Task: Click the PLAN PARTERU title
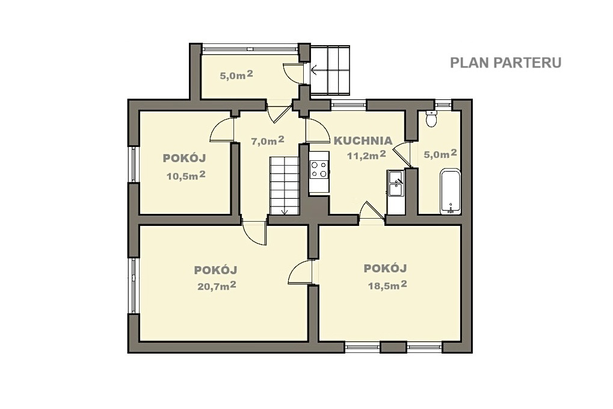click(x=505, y=63)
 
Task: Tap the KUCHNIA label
click(x=362, y=140)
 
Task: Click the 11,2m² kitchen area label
click(x=367, y=155)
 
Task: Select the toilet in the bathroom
click(x=431, y=118)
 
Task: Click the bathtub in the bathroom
click(x=451, y=192)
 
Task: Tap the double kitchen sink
click(x=395, y=184)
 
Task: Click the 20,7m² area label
click(x=217, y=286)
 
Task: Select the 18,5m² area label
click(x=387, y=285)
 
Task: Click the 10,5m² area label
click(x=186, y=175)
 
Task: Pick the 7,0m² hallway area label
click(x=268, y=140)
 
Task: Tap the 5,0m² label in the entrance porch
click(x=236, y=75)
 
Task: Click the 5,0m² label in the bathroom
click(x=440, y=154)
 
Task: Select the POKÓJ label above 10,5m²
click(x=184, y=158)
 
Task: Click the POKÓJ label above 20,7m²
click(x=215, y=270)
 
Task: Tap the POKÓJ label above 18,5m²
click(x=386, y=268)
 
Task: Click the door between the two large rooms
click(x=300, y=272)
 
